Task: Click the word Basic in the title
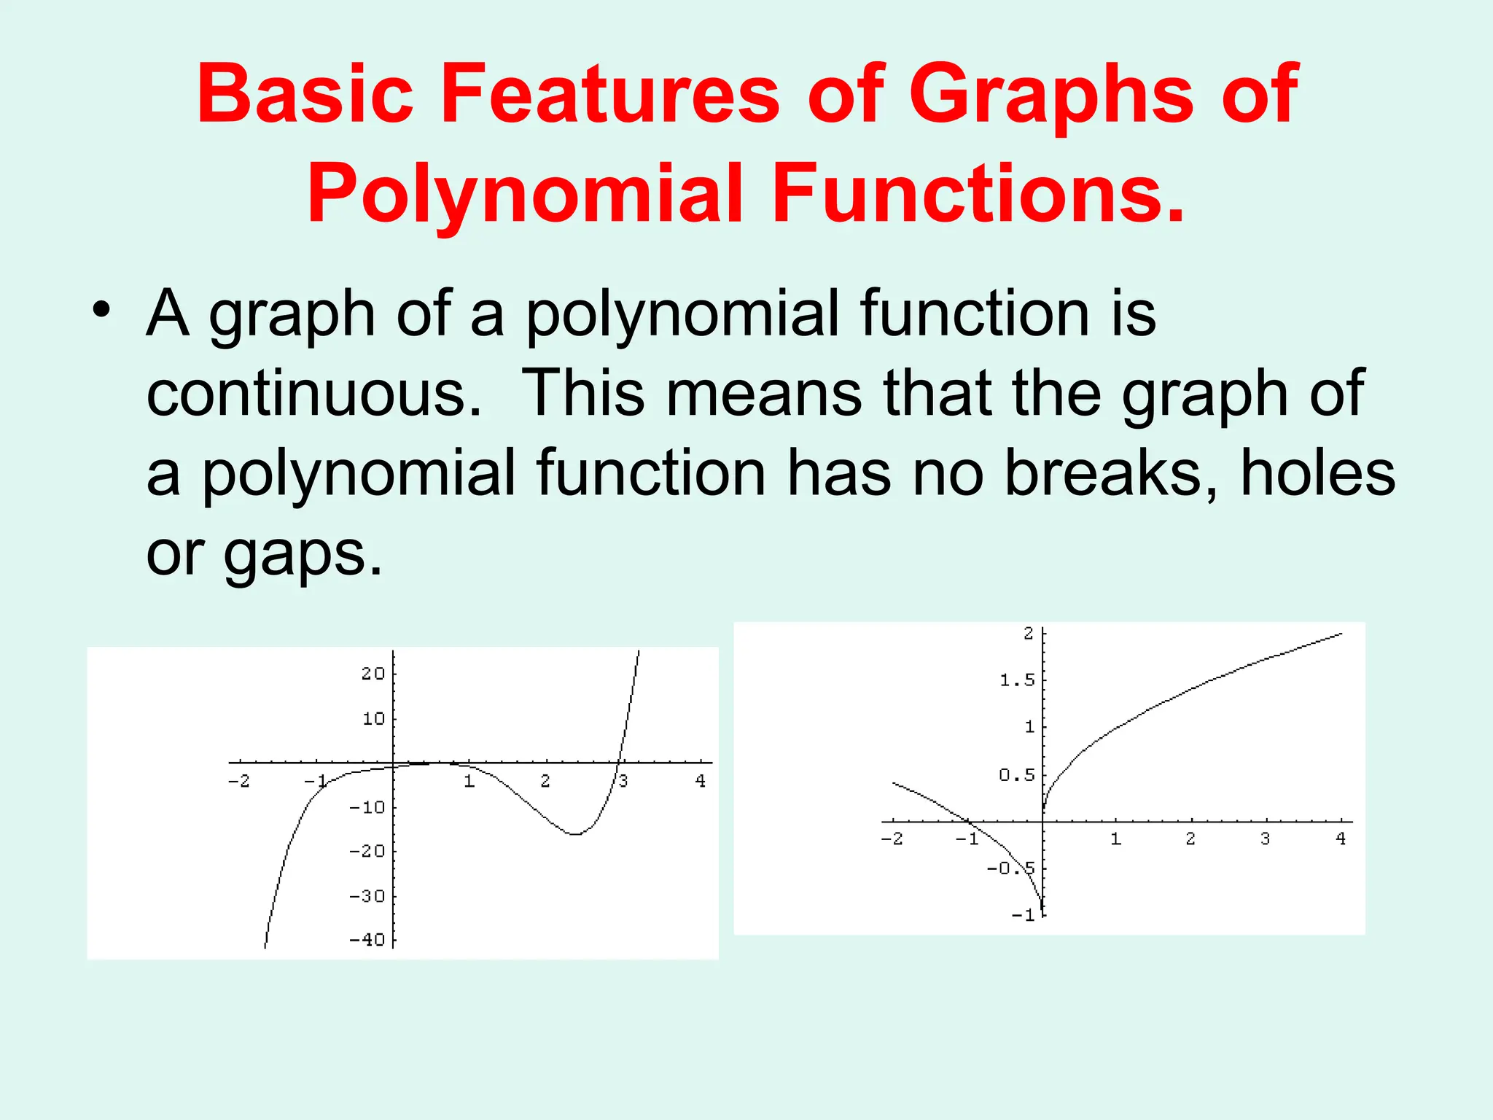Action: (305, 95)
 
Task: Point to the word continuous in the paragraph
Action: (313, 394)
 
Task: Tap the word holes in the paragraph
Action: (1317, 474)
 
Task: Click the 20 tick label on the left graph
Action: (373, 674)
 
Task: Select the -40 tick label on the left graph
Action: (367, 940)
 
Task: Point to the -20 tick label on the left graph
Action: (367, 851)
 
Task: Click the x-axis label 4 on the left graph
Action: (701, 781)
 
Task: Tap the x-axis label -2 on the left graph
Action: (238, 781)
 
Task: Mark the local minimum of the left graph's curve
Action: (575, 833)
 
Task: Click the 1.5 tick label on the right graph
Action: (1017, 680)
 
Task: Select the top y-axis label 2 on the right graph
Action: (1029, 634)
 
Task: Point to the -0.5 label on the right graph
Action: (1010, 868)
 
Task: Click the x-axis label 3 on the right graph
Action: (1265, 839)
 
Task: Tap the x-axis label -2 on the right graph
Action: (892, 839)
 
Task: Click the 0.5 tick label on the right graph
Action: (1017, 775)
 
